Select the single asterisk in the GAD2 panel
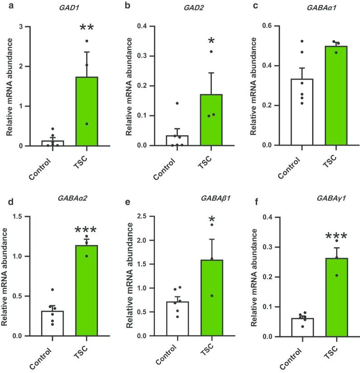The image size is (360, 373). pos(210,42)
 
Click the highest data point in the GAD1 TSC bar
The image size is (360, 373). pos(86,41)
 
